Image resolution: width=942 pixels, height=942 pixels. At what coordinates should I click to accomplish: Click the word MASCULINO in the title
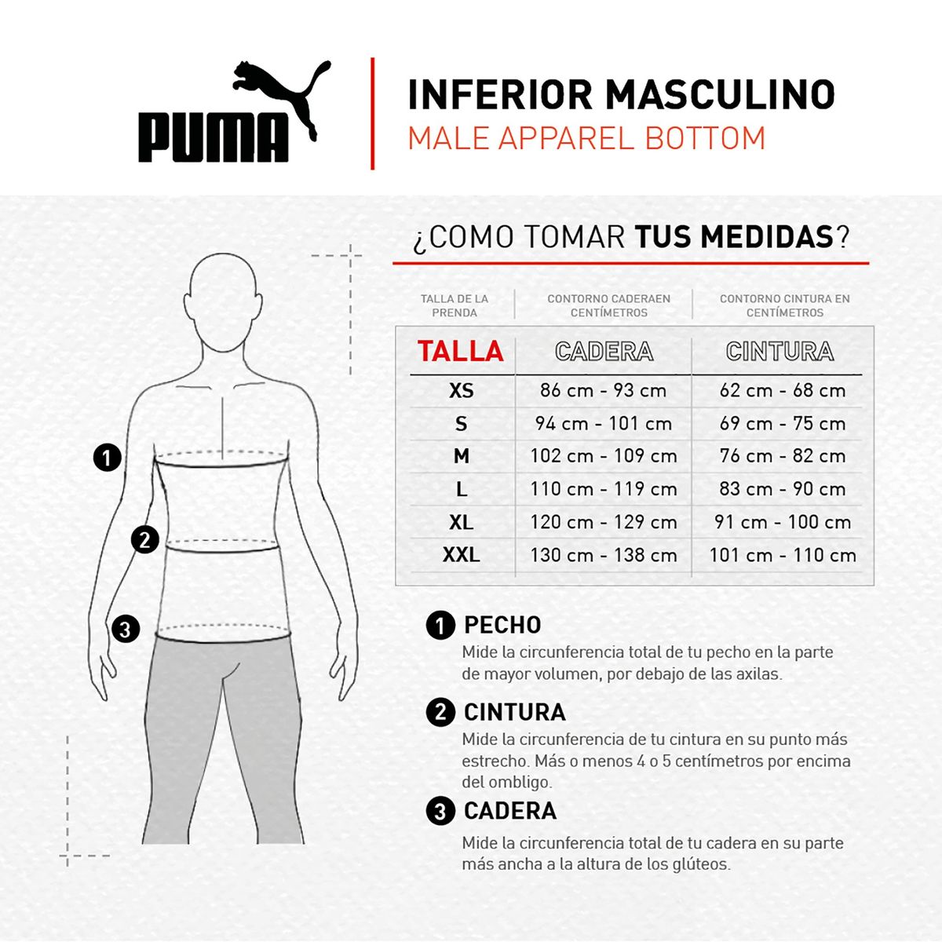pyautogui.click(x=720, y=95)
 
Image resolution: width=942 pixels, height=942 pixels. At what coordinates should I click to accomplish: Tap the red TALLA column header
pyautogui.click(x=460, y=351)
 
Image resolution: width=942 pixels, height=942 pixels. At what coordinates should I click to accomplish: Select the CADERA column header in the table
pyautogui.click(x=604, y=351)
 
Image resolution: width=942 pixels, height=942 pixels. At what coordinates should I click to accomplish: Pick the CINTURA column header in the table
pyautogui.click(x=780, y=351)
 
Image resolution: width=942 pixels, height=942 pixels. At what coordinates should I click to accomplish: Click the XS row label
pyautogui.click(x=462, y=390)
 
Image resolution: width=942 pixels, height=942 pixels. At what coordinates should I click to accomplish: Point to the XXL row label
pyautogui.click(x=461, y=555)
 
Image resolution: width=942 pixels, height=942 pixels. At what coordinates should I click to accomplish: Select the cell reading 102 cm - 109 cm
pyautogui.click(x=604, y=456)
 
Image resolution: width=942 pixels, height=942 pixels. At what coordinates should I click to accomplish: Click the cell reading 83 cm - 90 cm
pyautogui.click(x=783, y=489)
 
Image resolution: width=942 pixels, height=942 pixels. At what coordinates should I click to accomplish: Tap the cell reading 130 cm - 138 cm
pyautogui.click(x=604, y=555)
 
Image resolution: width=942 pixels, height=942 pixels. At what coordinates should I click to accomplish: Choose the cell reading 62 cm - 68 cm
pyautogui.click(x=783, y=390)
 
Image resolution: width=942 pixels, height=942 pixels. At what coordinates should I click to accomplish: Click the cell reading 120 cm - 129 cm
pyautogui.click(x=604, y=522)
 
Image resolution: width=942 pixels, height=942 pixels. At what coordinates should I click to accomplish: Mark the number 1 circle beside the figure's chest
pyautogui.click(x=108, y=458)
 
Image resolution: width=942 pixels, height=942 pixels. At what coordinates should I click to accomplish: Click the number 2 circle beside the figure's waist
pyautogui.click(x=145, y=540)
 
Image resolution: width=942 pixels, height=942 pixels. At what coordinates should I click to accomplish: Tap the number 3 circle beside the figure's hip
pyautogui.click(x=126, y=629)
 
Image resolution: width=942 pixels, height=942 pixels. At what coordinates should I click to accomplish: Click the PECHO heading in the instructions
pyautogui.click(x=502, y=625)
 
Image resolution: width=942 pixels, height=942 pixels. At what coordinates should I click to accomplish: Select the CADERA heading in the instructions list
pyautogui.click(x=510, y=811)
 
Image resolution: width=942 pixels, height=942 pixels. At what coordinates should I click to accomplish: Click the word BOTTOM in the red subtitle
pyautogui.click(x=705, y=138)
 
